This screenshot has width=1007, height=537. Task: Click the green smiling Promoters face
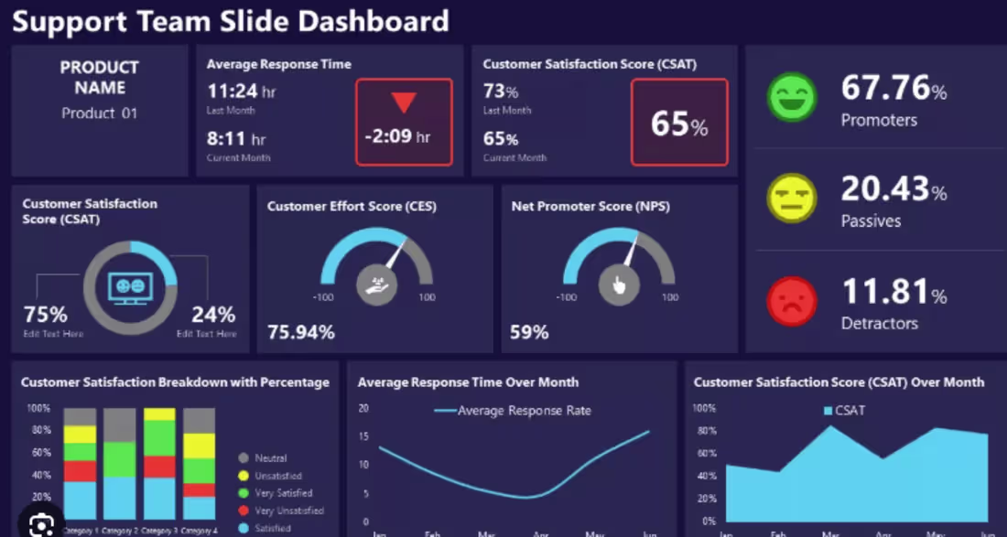click(793, 97)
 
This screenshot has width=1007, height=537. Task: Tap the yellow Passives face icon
click(793, 198)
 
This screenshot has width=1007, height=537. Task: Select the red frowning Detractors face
click(793, 300)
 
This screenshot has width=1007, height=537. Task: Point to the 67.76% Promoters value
click(893, 89)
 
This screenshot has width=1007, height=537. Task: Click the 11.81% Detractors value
click(893, 292)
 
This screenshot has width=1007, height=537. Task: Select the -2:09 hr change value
click(397, 136)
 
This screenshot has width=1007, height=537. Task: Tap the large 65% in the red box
click(679, 124)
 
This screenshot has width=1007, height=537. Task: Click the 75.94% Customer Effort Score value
click(301, 332)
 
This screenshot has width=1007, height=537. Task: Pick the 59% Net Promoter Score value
click(529, 332)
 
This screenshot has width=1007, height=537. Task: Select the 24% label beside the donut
click(213, 315)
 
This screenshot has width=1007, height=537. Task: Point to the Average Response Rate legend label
click(524, 411)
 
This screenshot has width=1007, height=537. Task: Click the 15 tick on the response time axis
click(363, 436)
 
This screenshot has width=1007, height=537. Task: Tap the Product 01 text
click(99, 113)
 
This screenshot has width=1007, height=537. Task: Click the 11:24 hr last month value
click(241, 91)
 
